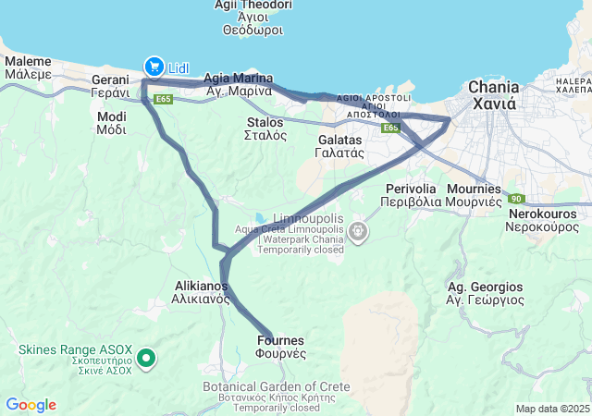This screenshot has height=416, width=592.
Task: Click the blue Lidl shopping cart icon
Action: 153,66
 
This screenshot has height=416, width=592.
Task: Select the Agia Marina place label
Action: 238,84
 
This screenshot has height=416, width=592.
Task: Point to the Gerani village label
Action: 109,87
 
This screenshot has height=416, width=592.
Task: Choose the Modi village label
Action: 111,123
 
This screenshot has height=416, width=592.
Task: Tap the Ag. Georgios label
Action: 485,293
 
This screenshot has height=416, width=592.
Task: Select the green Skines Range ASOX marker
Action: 145,357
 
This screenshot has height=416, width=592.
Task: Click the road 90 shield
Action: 516,199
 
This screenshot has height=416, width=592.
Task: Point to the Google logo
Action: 31,405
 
